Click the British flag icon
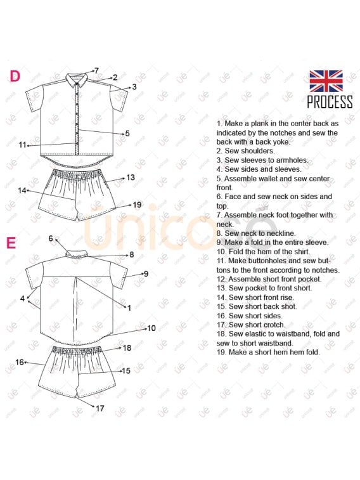tap(326, 81)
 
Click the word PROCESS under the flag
tap(330, 101)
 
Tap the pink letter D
tap(15, 76)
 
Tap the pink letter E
tap(11, 243)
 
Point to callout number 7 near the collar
tap(96, 70)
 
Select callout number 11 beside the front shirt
tap(22, 145)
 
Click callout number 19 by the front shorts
tap(138, 204)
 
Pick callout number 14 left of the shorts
tap(22, 190)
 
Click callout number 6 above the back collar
tap(51, 238)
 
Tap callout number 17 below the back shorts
tap(100, 408)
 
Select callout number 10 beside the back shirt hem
tap(151, 328)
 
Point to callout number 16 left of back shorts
tap(19, 362)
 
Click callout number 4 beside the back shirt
tap(22, 298)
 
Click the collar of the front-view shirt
tap(77, 79)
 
